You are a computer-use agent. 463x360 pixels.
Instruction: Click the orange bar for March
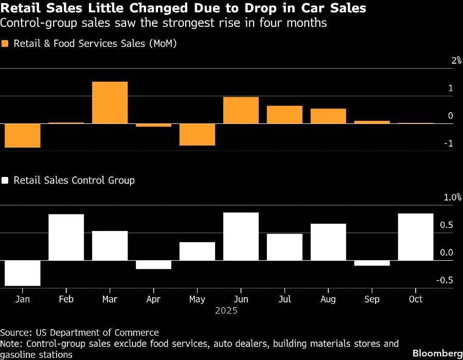click(110, 102)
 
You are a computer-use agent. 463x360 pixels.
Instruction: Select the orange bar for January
click(22, 135)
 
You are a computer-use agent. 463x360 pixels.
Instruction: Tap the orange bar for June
click(241, 110)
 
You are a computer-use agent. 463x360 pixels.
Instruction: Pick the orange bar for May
click(197, 134)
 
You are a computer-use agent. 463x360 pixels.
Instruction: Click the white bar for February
click(66, 237)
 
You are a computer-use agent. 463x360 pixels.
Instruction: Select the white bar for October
click(416, 237)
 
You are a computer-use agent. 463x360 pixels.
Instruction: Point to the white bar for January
click(22, 273)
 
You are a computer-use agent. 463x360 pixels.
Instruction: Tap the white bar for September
click(372, 263)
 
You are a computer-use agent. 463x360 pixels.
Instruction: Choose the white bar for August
click(328, 242)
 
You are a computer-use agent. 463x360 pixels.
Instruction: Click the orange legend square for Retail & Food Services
click(6, 44)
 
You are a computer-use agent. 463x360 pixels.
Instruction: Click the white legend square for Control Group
click(6, 181)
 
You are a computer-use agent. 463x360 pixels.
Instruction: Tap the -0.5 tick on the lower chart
click(445, 280)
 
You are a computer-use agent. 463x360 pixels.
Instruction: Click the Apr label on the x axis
click(153, 299)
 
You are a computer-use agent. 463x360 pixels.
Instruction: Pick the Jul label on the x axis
click(284, 299)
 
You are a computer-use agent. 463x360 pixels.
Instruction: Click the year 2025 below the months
click(226, 311)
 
